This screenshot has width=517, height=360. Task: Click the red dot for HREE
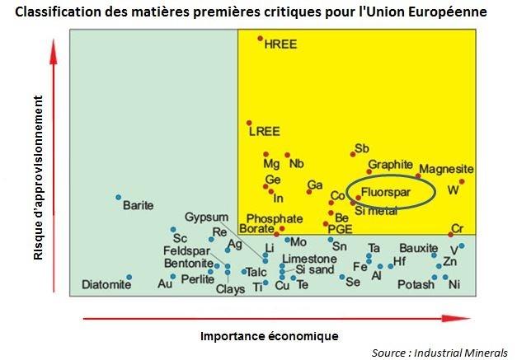pos(260,39)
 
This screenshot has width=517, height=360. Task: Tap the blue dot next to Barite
pos(119,197)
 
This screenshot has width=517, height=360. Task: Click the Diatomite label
pos(106,285)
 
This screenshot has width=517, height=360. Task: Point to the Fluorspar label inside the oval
pos(386,191)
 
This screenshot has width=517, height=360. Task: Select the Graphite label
pos(390,165)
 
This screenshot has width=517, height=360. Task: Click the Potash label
pos(416,285)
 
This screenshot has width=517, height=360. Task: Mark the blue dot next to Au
pos(173,277)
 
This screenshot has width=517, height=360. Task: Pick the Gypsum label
pos(205,217)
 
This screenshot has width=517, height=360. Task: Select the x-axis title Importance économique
pos(270,336)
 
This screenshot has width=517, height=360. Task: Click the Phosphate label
pos(275,219)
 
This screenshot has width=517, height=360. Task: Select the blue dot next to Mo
pos(288,240)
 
